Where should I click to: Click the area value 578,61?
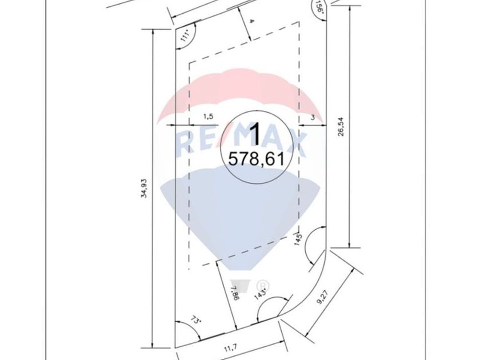coord(256,159)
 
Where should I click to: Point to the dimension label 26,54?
coord(341,126)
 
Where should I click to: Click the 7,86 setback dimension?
coord(234,293)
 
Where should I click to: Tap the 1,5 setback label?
coord(208,117)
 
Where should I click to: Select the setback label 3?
coord(313,117)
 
